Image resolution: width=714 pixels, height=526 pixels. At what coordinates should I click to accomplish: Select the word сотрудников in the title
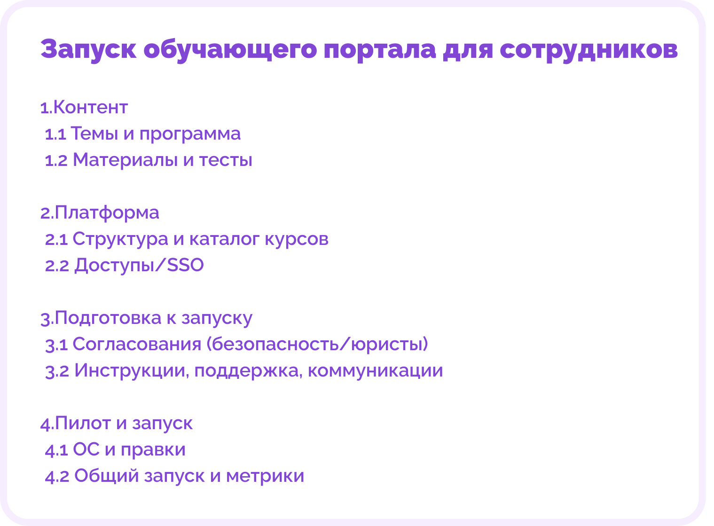point(588,49)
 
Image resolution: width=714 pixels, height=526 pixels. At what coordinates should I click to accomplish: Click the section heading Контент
point(90,108)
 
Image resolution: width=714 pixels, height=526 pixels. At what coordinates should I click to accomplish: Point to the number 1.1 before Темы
point(55,134)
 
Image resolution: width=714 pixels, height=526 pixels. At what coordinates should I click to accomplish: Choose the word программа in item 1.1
point(190,134)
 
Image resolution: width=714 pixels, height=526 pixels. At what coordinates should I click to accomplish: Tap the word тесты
point(226,160)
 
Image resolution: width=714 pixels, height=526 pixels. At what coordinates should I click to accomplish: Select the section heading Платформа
point(107,213)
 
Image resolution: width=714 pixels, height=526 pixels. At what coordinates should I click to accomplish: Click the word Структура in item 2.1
point(120,239)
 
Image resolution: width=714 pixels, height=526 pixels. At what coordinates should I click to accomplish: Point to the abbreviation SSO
point(185,266)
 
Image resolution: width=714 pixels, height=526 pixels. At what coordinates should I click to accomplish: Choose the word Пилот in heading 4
point(83,424)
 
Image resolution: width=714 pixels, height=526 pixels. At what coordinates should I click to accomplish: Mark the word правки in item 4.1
point(153,450)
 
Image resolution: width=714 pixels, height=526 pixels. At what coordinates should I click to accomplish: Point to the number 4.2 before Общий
point(57,477)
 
